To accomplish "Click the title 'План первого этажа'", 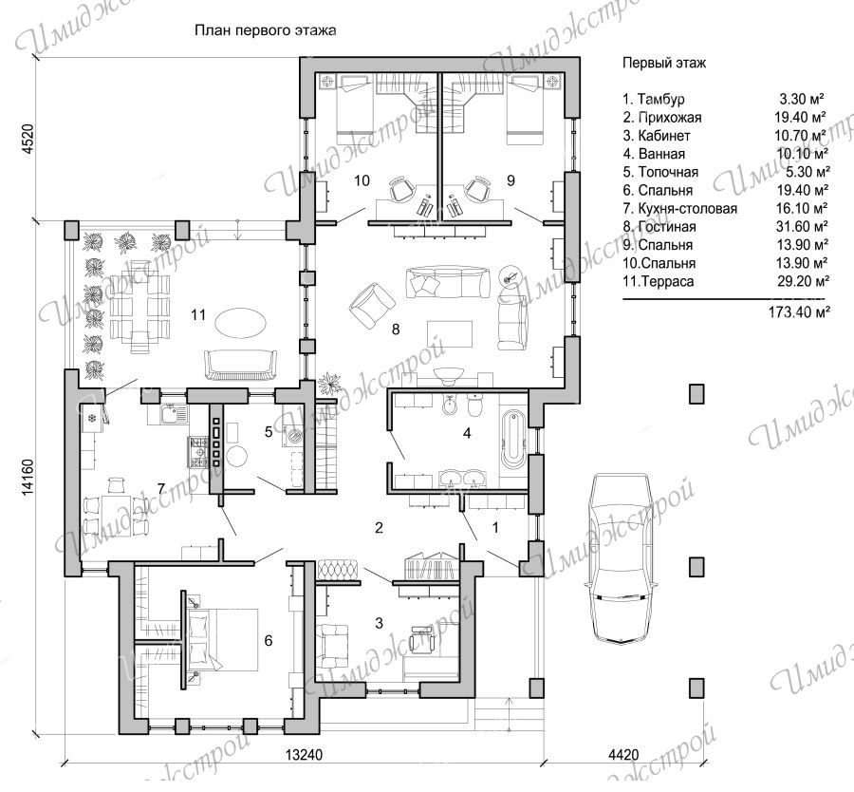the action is point(266,30).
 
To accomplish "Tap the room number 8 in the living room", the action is point(396,329).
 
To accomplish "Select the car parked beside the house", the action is point(622,558).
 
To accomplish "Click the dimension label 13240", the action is point(305,755).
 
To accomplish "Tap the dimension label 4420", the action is point(623,755).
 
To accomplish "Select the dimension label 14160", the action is point(28,478).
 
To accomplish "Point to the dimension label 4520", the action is point(28,141).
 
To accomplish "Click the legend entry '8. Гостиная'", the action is point(659,227).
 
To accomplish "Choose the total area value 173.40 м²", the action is point(799,312).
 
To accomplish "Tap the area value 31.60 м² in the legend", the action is point(802,226).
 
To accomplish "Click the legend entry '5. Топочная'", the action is point(660,172).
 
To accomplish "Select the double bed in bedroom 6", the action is point(223,640).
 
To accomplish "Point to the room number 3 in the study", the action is point(380,622).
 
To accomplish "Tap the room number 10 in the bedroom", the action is point(362,180).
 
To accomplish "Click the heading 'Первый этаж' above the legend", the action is point(664,64).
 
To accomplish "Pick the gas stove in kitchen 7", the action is point(198,452).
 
